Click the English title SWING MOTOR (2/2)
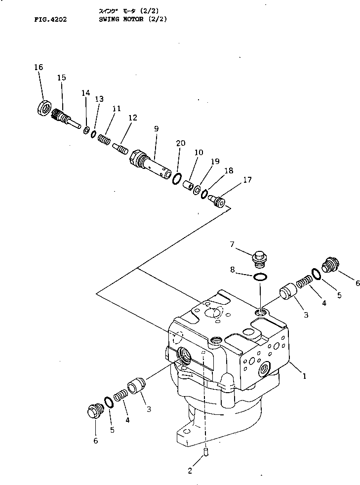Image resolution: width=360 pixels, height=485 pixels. click(x=129, y=19)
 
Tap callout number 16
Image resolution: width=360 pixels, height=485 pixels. click(x=39, y=67)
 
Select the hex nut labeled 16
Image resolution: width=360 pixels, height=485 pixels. click(x=44, y=108)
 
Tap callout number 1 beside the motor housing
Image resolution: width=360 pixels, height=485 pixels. click(x=304, y=376)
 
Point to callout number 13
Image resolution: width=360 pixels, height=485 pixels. click(x=99, y=99)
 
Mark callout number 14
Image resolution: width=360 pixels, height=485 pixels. click(x=86, y=92)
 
